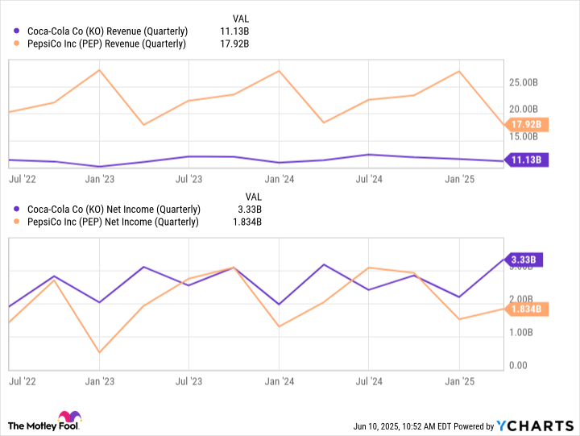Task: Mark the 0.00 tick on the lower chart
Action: (x=520, y=366)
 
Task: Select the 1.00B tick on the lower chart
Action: (x=523, y=332)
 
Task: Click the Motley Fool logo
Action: (x=45, y=421)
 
